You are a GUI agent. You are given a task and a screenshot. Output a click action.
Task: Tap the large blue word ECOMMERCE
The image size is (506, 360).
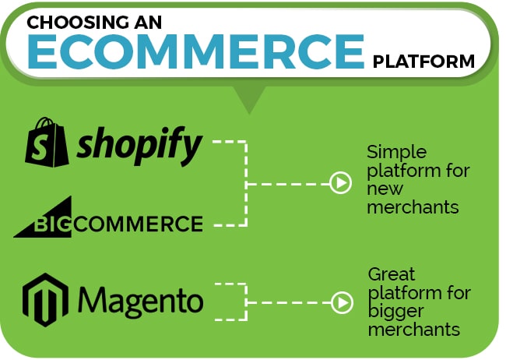pyautogui.click(x=196, y=51)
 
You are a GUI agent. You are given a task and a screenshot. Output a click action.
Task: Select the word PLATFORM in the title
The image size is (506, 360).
pyautogui.click(x=423, y=62)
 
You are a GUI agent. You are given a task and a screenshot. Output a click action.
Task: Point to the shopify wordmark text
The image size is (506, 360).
pyautogui.click(x=139, y=146)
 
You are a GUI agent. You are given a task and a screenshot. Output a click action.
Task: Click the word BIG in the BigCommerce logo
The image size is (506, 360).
pyautogui.click(x=51, y=224)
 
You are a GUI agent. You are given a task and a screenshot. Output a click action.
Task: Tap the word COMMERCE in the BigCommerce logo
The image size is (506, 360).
pyautogui.click(x=138, y=224)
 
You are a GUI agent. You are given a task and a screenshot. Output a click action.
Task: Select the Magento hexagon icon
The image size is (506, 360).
pyautogui.click(x=45, y=300)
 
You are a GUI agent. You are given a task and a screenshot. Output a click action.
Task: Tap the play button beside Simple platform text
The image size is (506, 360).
pyautogui.click(x=340, y=183)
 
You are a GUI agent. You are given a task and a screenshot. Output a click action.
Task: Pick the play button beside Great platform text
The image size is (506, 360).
pyautogui.click(x=342, y=303)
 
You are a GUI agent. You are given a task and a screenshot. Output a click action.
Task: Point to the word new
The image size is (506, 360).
pyautogui.click(x=385, y=189)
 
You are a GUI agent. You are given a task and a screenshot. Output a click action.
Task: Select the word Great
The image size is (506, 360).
pyautogui.click(x=392, y=274)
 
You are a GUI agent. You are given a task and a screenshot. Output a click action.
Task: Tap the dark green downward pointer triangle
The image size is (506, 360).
pyautogui.click(x=249, y=98)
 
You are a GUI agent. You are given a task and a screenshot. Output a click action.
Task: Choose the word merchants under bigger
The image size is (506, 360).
pyautogui.click(x=414, y=330)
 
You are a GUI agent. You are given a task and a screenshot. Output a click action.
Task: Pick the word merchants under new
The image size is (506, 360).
pyautogui.click(x=413, y=207)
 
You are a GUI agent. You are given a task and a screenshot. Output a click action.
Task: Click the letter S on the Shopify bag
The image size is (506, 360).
pyautogui.click(x=40, y=146)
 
